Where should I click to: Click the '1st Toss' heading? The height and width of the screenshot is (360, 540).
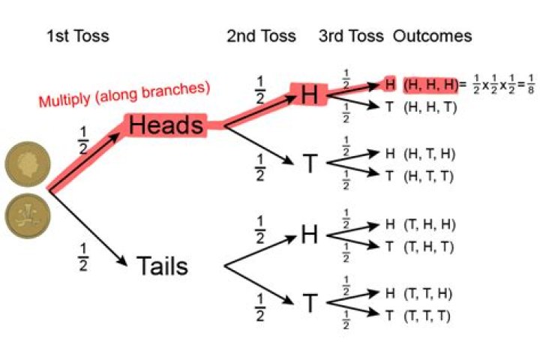pos(77,36)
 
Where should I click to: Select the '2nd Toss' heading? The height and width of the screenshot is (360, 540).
pos(261,36)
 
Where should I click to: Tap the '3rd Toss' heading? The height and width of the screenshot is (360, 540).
pos(351,36)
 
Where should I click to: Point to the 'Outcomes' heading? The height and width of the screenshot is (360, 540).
pos(433,36)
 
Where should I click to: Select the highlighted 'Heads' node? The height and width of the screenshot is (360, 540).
pos(166,126)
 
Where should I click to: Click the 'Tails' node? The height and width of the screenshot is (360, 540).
pos(162,265)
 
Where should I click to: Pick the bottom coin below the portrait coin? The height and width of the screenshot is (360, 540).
pos(27,217)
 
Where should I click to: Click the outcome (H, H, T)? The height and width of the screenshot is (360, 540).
pos(430,107)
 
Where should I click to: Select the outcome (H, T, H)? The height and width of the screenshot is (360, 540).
pos(430,154)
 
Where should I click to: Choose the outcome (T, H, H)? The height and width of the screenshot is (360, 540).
pos(430,224)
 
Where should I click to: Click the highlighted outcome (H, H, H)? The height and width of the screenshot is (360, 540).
pos(430,83)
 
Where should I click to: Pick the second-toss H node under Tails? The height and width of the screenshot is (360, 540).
pos(310,235)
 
